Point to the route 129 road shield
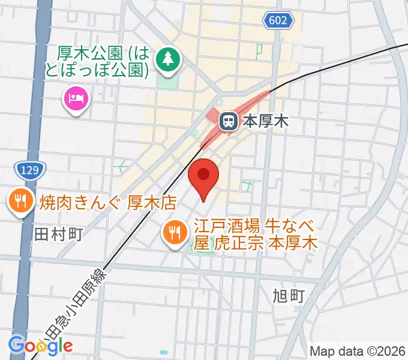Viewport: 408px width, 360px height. (x=28, y=170)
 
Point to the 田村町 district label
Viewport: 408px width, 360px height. (x=58, y=233)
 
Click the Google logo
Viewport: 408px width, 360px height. (x=40, y=345)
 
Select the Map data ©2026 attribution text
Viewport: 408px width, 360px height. (x=357, y=351)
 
